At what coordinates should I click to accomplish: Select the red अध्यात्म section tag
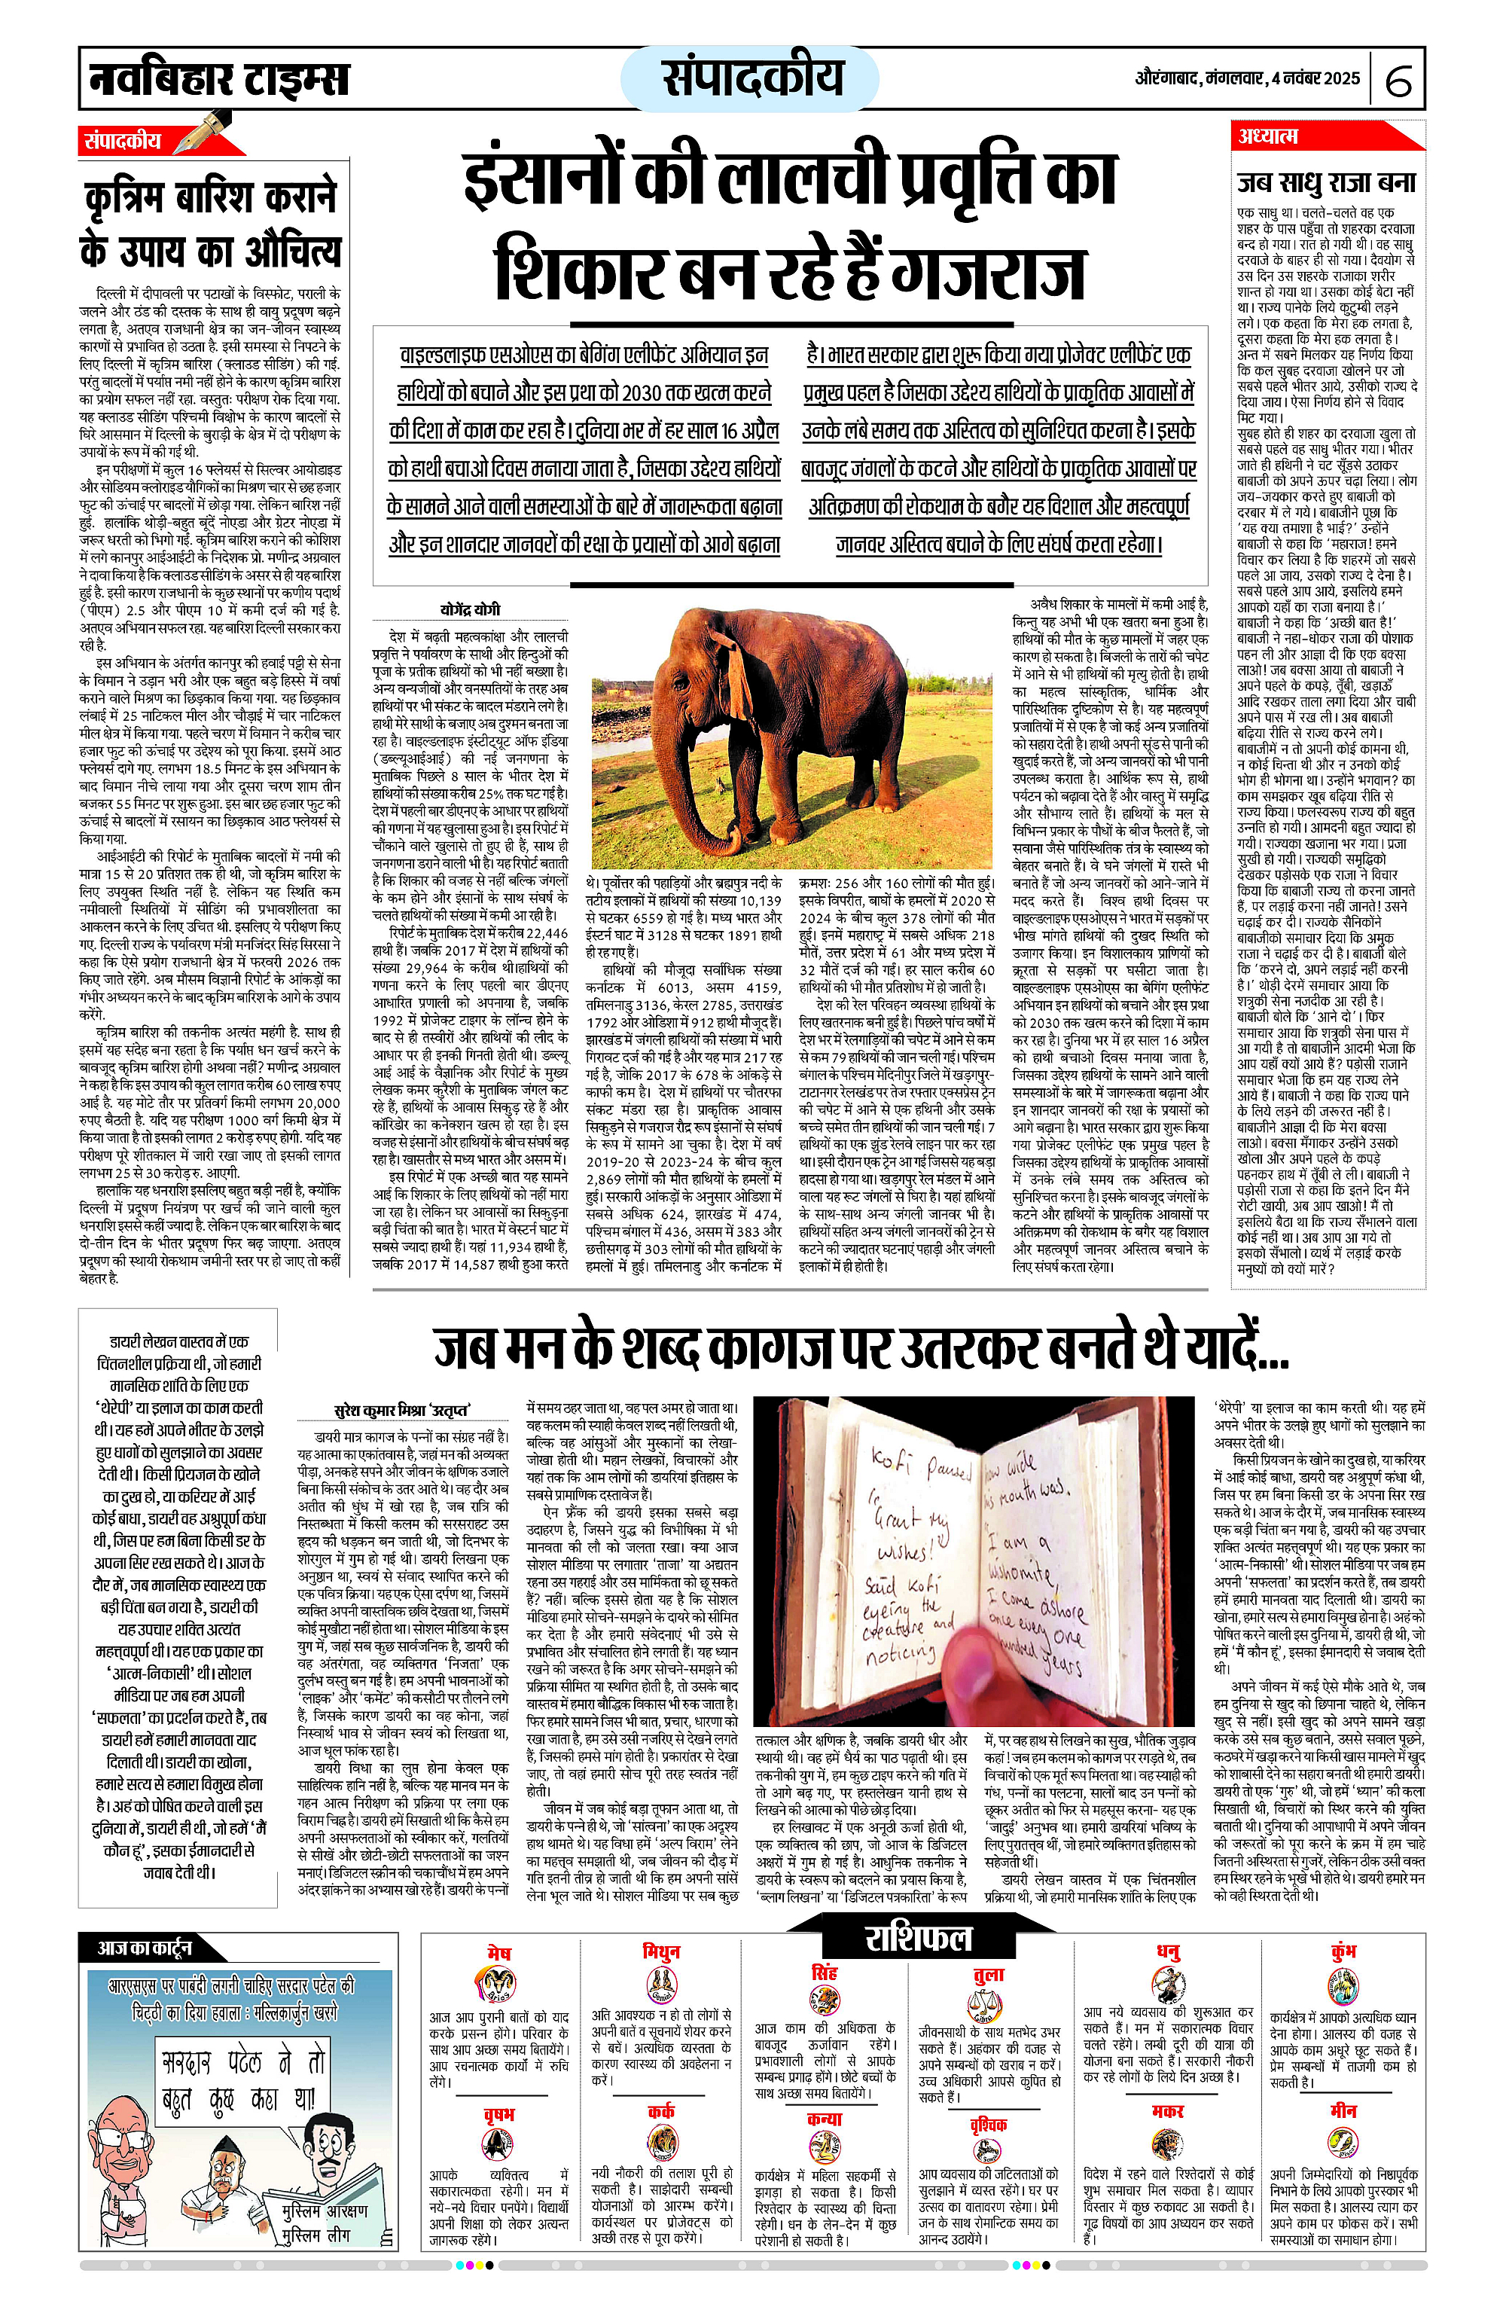tap(1267, 136)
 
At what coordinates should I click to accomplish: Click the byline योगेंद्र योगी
tap(470, 609)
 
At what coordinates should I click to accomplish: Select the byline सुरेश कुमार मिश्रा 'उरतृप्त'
tap(401, 1410)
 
